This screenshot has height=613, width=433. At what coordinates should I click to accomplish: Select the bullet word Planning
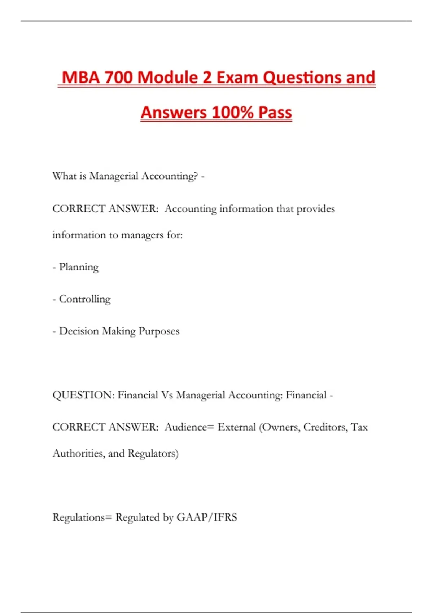(x=79, y=267)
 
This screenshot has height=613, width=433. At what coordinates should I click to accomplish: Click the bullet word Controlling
(x=85, y=299)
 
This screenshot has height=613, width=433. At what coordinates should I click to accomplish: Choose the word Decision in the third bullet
(x=79, y=331)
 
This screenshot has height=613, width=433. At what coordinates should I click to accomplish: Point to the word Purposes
(x=159, y=331)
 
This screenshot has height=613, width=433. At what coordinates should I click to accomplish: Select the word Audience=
(x=189, y=427)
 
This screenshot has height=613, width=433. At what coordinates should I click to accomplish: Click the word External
(x=237, y=427)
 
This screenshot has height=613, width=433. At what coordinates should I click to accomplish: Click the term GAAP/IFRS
(x=207, y=517)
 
